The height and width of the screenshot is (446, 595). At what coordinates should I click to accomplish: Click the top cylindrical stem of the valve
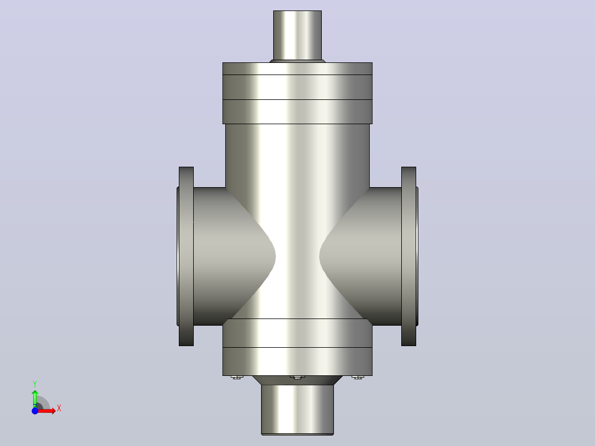point(297,35)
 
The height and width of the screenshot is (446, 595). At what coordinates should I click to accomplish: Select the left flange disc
point(187,256)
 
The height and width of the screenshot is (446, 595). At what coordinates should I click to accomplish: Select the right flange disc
point(408,256)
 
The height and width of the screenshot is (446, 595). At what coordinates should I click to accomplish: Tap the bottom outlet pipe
point(297,410)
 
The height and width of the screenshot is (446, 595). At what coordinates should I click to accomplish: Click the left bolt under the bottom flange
point(237,378)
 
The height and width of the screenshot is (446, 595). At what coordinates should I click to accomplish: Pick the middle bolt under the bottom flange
point(297,378)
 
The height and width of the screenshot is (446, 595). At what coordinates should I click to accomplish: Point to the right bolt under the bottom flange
point(358,378)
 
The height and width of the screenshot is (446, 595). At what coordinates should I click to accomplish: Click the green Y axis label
point(35,384)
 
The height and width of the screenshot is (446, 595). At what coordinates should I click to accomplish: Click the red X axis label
point(59,408)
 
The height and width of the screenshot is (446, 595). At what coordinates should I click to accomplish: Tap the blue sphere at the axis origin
point(35,411)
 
